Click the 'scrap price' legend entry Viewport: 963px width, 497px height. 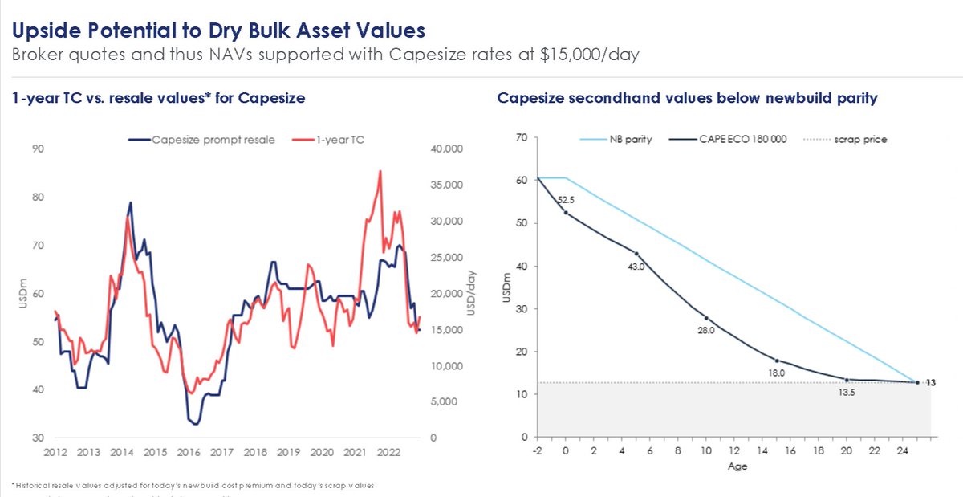tap(861, 139)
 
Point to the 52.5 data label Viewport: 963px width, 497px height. tap(569, 201)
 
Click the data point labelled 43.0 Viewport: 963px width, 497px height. tap(636, 254)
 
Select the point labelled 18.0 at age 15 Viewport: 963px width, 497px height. tap(776, 361)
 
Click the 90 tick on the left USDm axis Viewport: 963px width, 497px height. tap(38, 149)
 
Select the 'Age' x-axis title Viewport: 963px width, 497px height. tap(737, 466)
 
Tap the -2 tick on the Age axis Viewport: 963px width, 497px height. tap(537, 451)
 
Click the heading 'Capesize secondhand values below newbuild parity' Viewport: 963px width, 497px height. tap(687, 98)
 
